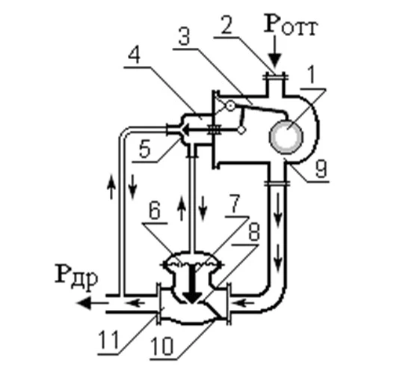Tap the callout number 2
click(227, 25)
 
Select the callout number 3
click(185, 36)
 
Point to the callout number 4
click(135, 54)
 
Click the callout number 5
click(145, 148)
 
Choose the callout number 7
click(235, 203)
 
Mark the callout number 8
click(254, 231)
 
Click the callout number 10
click(162, 346)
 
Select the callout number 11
click(108, 340)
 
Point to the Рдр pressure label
click(76, 275)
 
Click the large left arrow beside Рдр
click(93, 303)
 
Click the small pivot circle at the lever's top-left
click(230, 106)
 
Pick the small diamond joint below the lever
click(241, 130)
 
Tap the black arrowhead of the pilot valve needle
click(187, 129)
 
